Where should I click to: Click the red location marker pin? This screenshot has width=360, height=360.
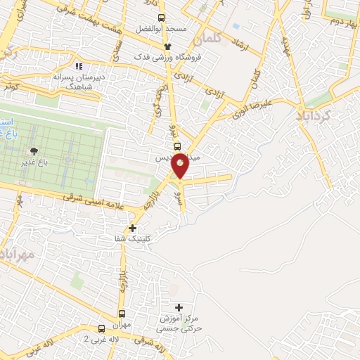pos(180,165)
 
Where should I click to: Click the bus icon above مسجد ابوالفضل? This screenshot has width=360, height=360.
pos(161,18)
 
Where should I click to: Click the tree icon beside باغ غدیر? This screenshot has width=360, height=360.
pos(32,150)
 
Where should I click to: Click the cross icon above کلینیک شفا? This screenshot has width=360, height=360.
pos(132,227)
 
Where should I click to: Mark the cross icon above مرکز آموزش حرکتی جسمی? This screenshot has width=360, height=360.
pos(179,307)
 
